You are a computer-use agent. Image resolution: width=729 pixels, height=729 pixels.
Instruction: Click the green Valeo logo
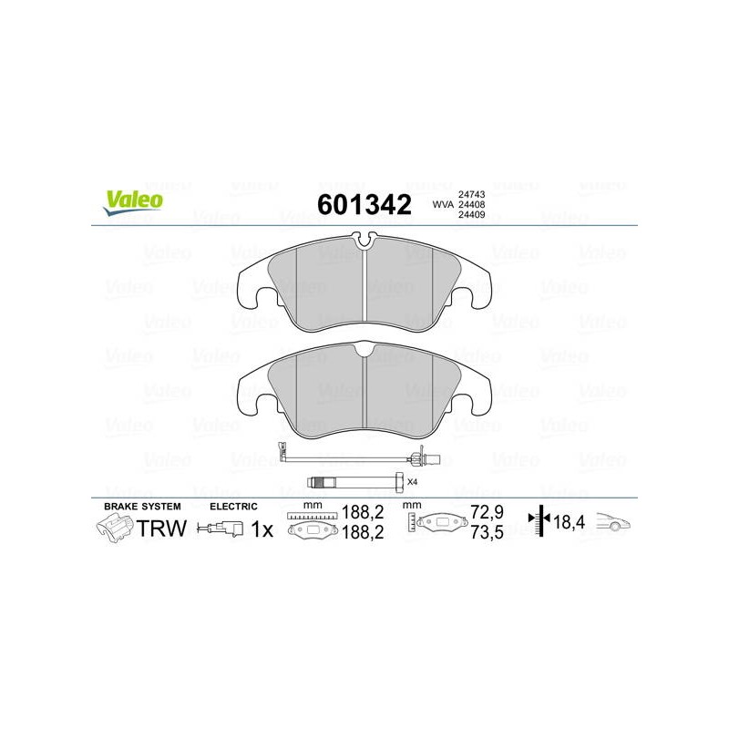133,202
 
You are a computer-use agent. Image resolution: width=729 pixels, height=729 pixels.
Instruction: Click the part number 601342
364,204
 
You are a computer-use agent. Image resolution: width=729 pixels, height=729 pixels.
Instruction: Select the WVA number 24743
471,194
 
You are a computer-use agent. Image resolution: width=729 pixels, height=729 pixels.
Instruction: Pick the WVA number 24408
471,204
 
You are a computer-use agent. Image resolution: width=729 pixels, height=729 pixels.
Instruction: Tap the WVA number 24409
471,215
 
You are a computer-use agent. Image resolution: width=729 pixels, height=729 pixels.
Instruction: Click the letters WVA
443,204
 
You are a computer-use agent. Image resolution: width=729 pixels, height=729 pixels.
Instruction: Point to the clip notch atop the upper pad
364,240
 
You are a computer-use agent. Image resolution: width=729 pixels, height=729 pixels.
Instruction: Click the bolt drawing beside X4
355,481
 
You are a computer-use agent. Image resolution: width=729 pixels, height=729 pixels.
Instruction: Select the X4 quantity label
413,482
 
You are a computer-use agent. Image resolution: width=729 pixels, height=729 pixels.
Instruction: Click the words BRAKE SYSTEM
142,507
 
